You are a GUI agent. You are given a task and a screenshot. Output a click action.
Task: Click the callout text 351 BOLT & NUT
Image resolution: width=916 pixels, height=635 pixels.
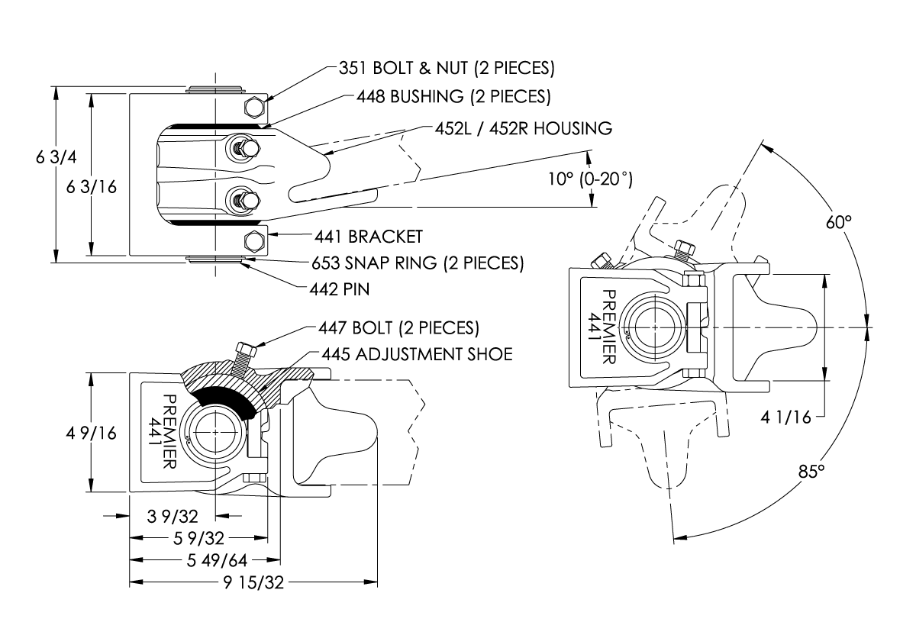coord(446,68)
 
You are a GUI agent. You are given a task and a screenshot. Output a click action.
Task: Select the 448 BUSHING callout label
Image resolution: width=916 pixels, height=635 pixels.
coord(453,97)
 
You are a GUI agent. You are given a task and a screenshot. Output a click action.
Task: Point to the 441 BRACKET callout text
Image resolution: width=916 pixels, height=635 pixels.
coord(368,236)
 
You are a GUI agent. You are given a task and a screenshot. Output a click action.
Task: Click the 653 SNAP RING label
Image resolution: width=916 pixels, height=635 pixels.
coord(417,263)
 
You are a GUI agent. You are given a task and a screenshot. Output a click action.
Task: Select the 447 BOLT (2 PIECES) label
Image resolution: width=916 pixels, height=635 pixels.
coord(398,328)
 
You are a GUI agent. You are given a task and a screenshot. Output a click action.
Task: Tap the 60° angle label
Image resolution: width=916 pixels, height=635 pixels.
coord(837,223)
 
